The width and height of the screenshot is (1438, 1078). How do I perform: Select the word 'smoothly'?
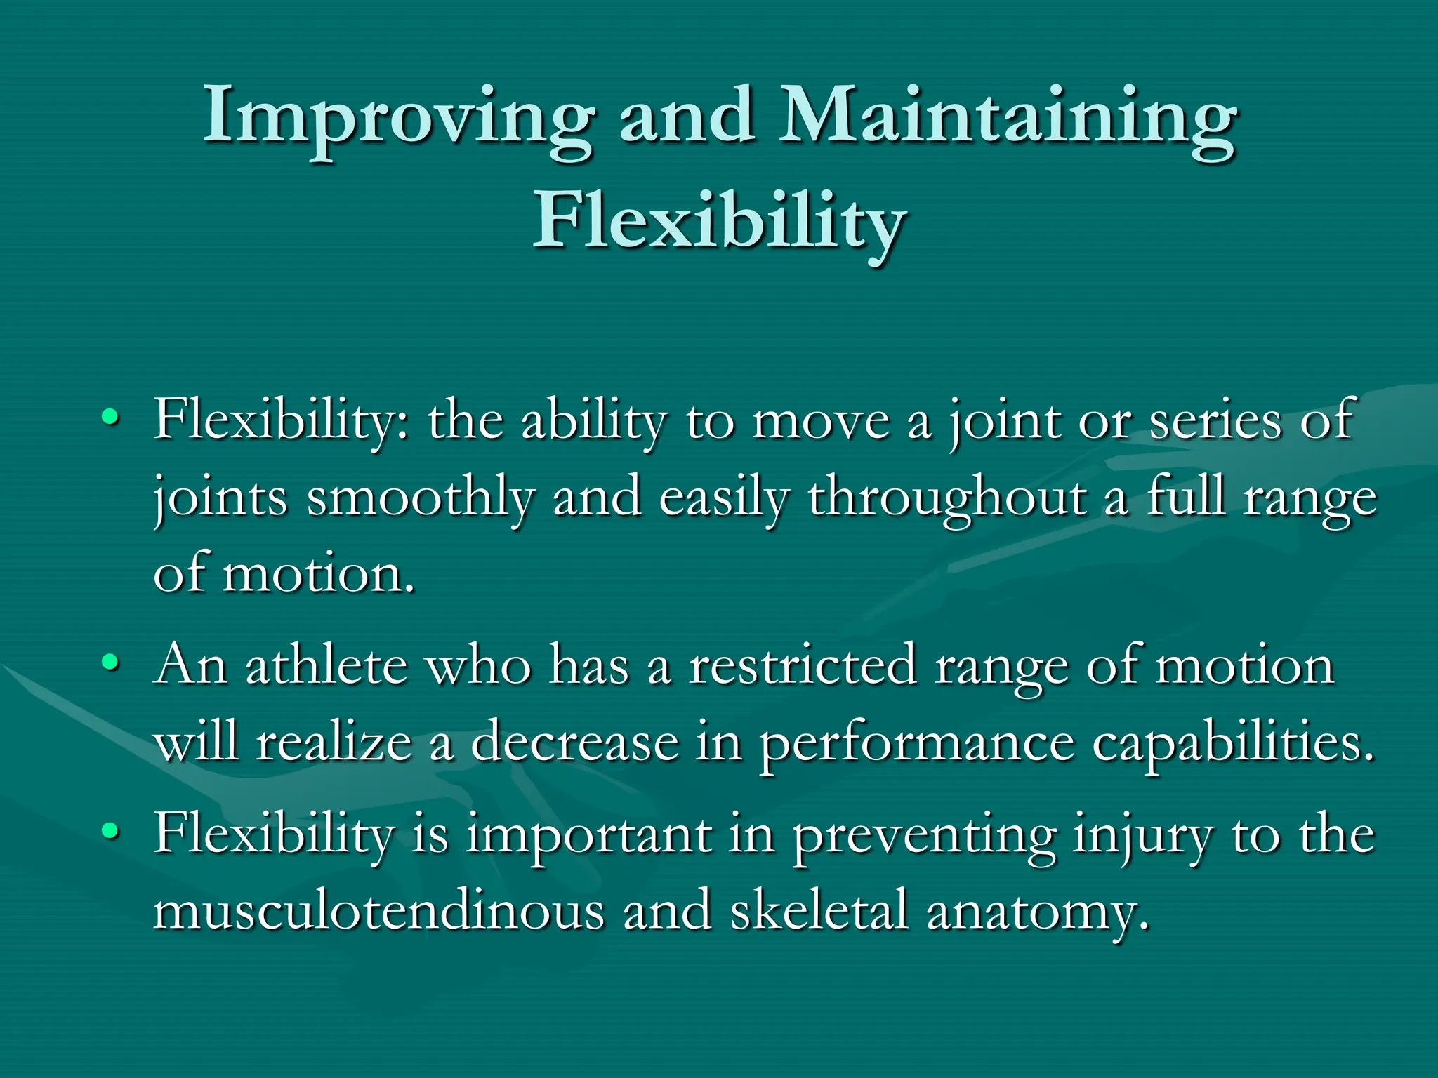[420, 498]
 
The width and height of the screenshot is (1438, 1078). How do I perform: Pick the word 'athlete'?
[326, 665]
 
